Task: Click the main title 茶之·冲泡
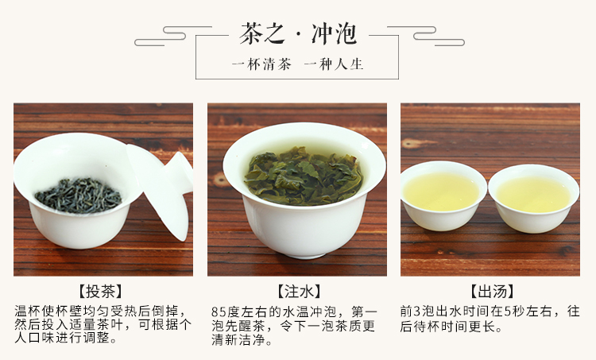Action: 298,34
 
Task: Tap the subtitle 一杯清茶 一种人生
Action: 298,64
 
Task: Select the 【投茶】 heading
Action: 100,292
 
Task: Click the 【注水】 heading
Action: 299,292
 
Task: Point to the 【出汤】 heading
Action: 492,292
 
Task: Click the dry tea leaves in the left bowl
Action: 79,195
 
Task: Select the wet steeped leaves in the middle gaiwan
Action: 303,176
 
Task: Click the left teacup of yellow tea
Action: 443,195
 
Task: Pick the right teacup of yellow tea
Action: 534,198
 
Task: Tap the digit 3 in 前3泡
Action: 417,312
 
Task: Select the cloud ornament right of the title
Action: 426,36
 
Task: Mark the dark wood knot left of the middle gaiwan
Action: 219,180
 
